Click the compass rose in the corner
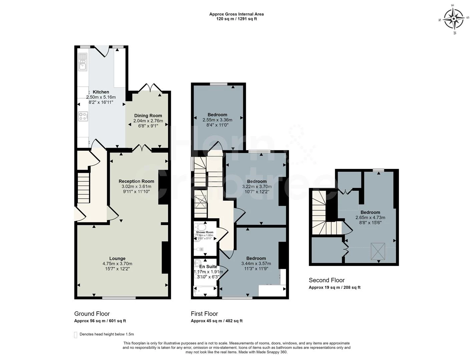point(453,19)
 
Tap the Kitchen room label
point(101,92)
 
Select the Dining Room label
point(148,116)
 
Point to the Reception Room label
point(136,181)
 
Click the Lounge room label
point(117,258)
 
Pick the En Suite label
point(208,267)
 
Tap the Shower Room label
point(204,232)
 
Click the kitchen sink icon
point(82,62)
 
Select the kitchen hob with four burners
point(83,116)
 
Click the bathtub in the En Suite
point(205,291)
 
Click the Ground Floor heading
point(92,314)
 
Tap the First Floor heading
point(204,314)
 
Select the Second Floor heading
point(327,280)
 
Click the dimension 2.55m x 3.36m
point(217,120)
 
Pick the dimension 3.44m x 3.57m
point(256,264)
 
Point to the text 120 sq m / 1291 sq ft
point(236,19)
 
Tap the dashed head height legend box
point(76,335)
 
